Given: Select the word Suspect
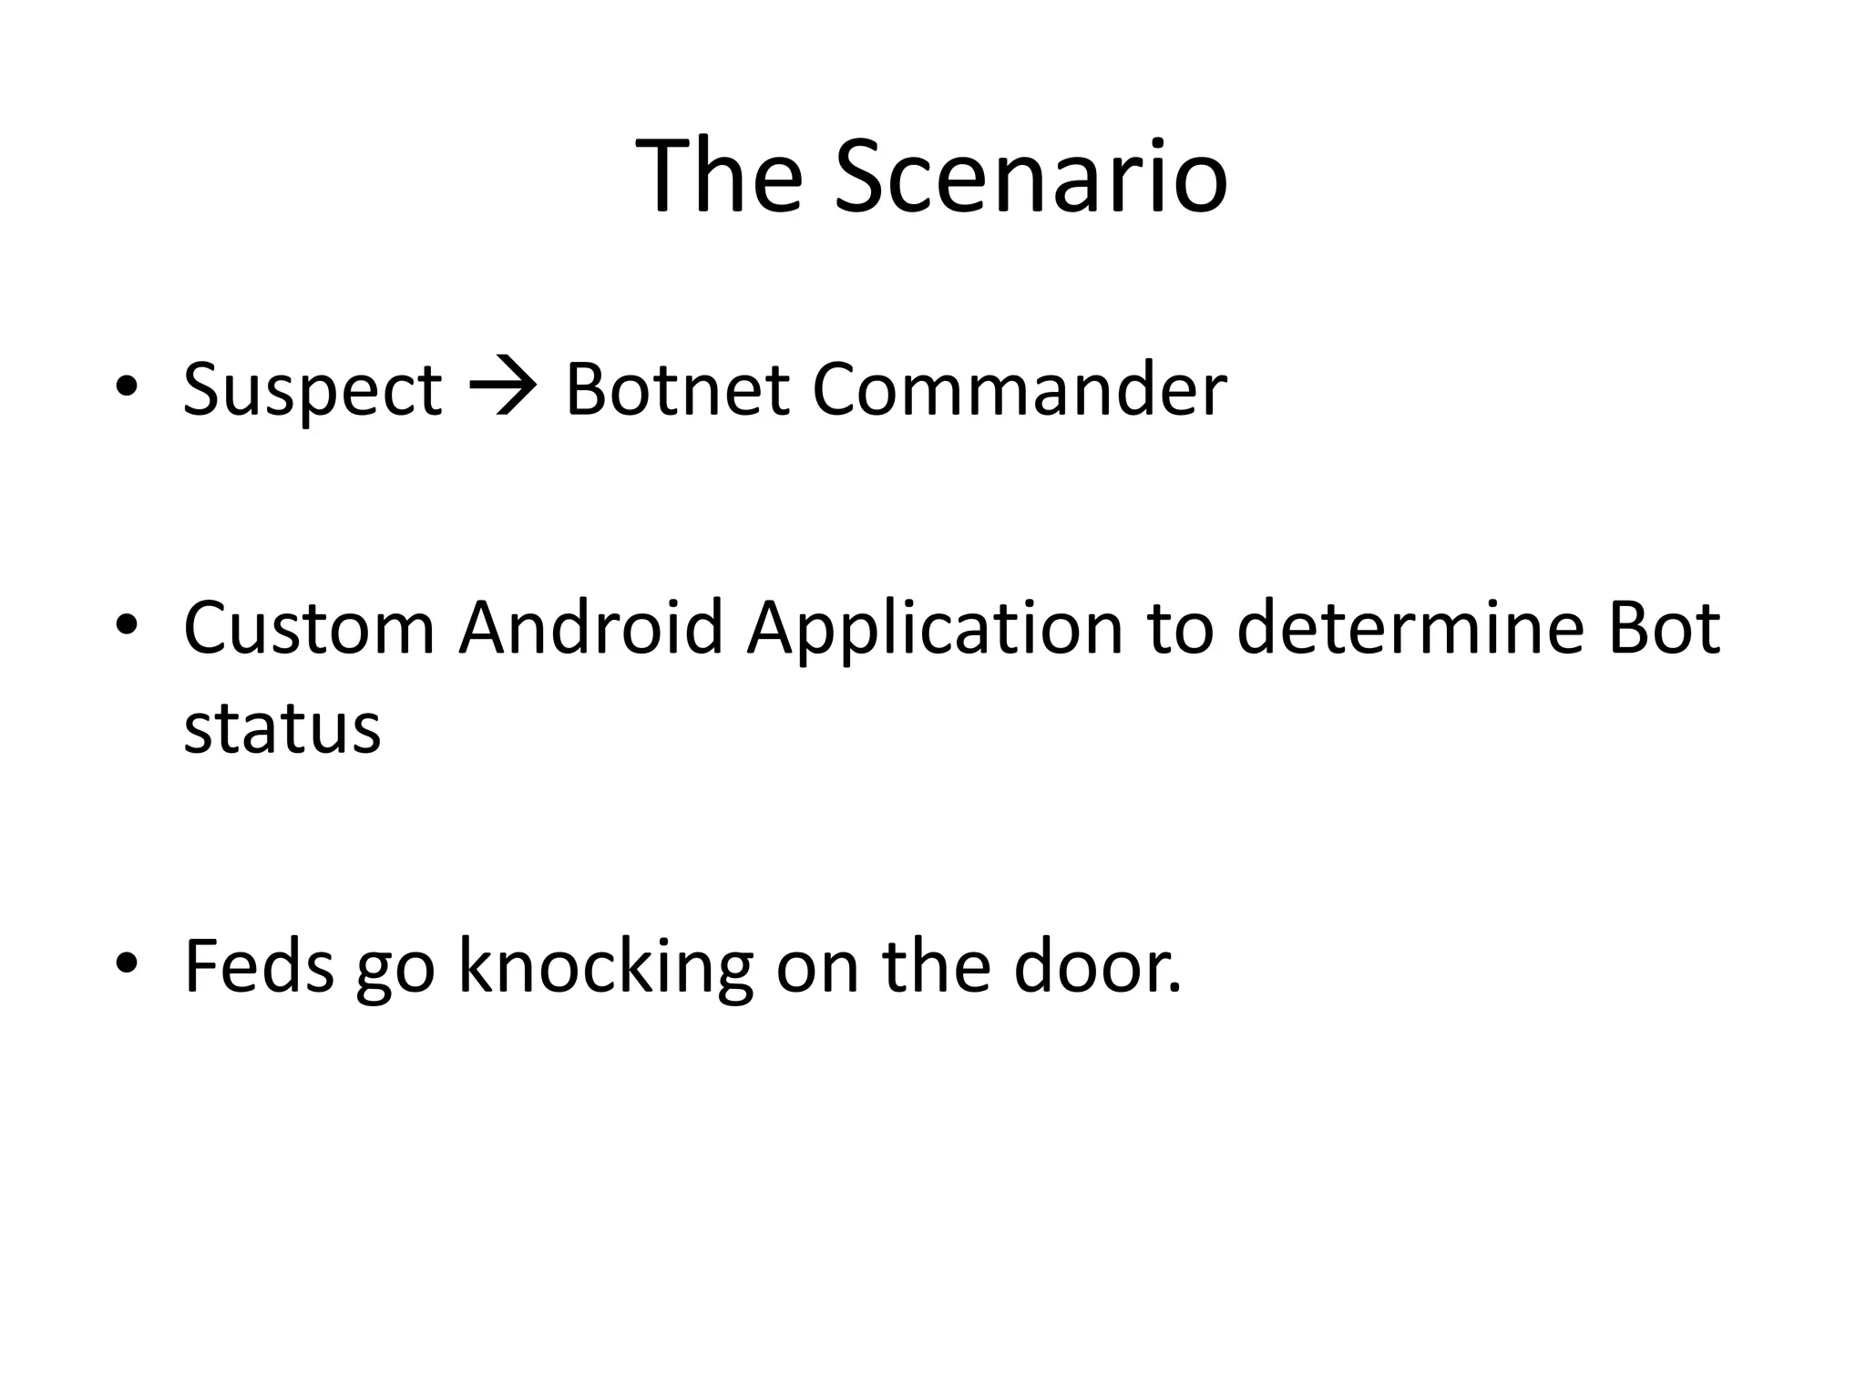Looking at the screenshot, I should (x=313, y=390).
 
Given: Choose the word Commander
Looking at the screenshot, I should (x=1019, y=390).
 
